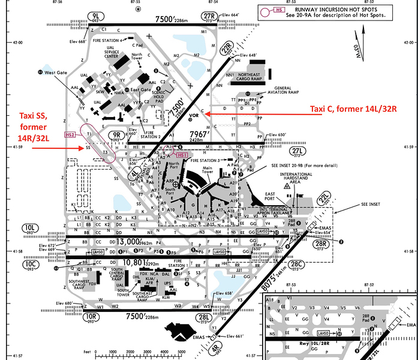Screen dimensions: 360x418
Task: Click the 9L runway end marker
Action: (95, 16)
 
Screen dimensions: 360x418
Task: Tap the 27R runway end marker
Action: (209, 16)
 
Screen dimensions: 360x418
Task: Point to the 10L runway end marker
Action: (30, 228)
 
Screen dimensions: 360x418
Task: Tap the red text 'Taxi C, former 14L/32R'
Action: (350, 109)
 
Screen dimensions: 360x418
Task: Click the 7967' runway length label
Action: (200, 133)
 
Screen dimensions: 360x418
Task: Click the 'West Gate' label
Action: (55, 72)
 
